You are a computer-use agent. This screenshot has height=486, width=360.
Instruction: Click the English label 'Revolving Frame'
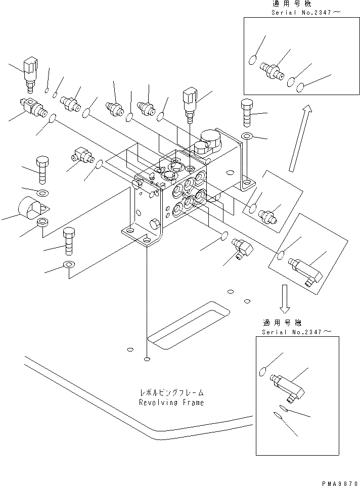tap(172, 403)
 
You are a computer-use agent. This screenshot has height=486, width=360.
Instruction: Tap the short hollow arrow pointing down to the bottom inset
tap(285, 298)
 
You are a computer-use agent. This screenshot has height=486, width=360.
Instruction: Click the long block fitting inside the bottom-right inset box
tap(287, 385)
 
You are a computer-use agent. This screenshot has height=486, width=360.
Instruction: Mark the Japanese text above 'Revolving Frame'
tap(172, 393)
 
